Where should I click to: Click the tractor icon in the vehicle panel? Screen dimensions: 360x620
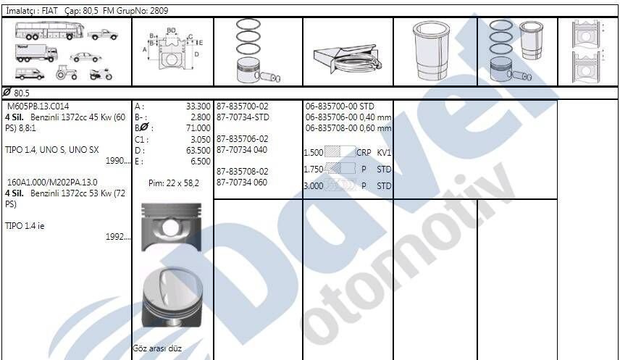coord(65,73)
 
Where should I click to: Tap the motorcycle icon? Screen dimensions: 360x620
coord(97,74)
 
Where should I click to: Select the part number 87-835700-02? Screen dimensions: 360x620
coord(242,106)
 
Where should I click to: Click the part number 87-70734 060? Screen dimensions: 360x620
coord(242,183)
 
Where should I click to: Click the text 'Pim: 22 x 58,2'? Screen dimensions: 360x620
coord(173,183)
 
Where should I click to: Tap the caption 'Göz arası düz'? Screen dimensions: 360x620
coord(157,348)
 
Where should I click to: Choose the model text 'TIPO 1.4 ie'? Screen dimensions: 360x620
coord(25,226)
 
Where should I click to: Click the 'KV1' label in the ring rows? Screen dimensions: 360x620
coord(384,153)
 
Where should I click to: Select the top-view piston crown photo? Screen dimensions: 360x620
coord(172,298)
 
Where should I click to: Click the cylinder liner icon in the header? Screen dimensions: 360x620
coord(432,51)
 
